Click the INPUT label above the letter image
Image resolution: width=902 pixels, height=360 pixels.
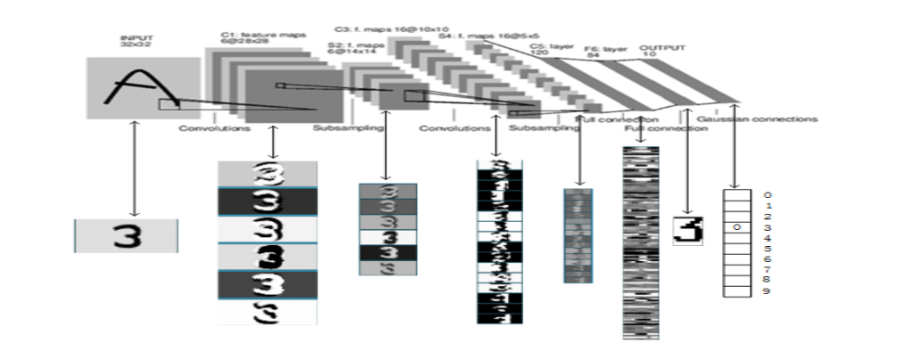(132, 40)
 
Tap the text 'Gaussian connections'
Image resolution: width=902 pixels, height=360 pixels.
(757, 119)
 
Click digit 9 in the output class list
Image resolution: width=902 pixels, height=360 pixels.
(767, 291)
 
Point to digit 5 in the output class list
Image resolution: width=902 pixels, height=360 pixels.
(767, 249)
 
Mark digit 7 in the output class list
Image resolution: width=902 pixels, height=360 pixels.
(767, 270)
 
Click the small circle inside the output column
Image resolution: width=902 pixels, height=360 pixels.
(736, 227)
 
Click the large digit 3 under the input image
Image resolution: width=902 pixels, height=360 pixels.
(126, 235)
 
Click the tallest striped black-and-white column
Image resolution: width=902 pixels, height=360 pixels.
(639, 241)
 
